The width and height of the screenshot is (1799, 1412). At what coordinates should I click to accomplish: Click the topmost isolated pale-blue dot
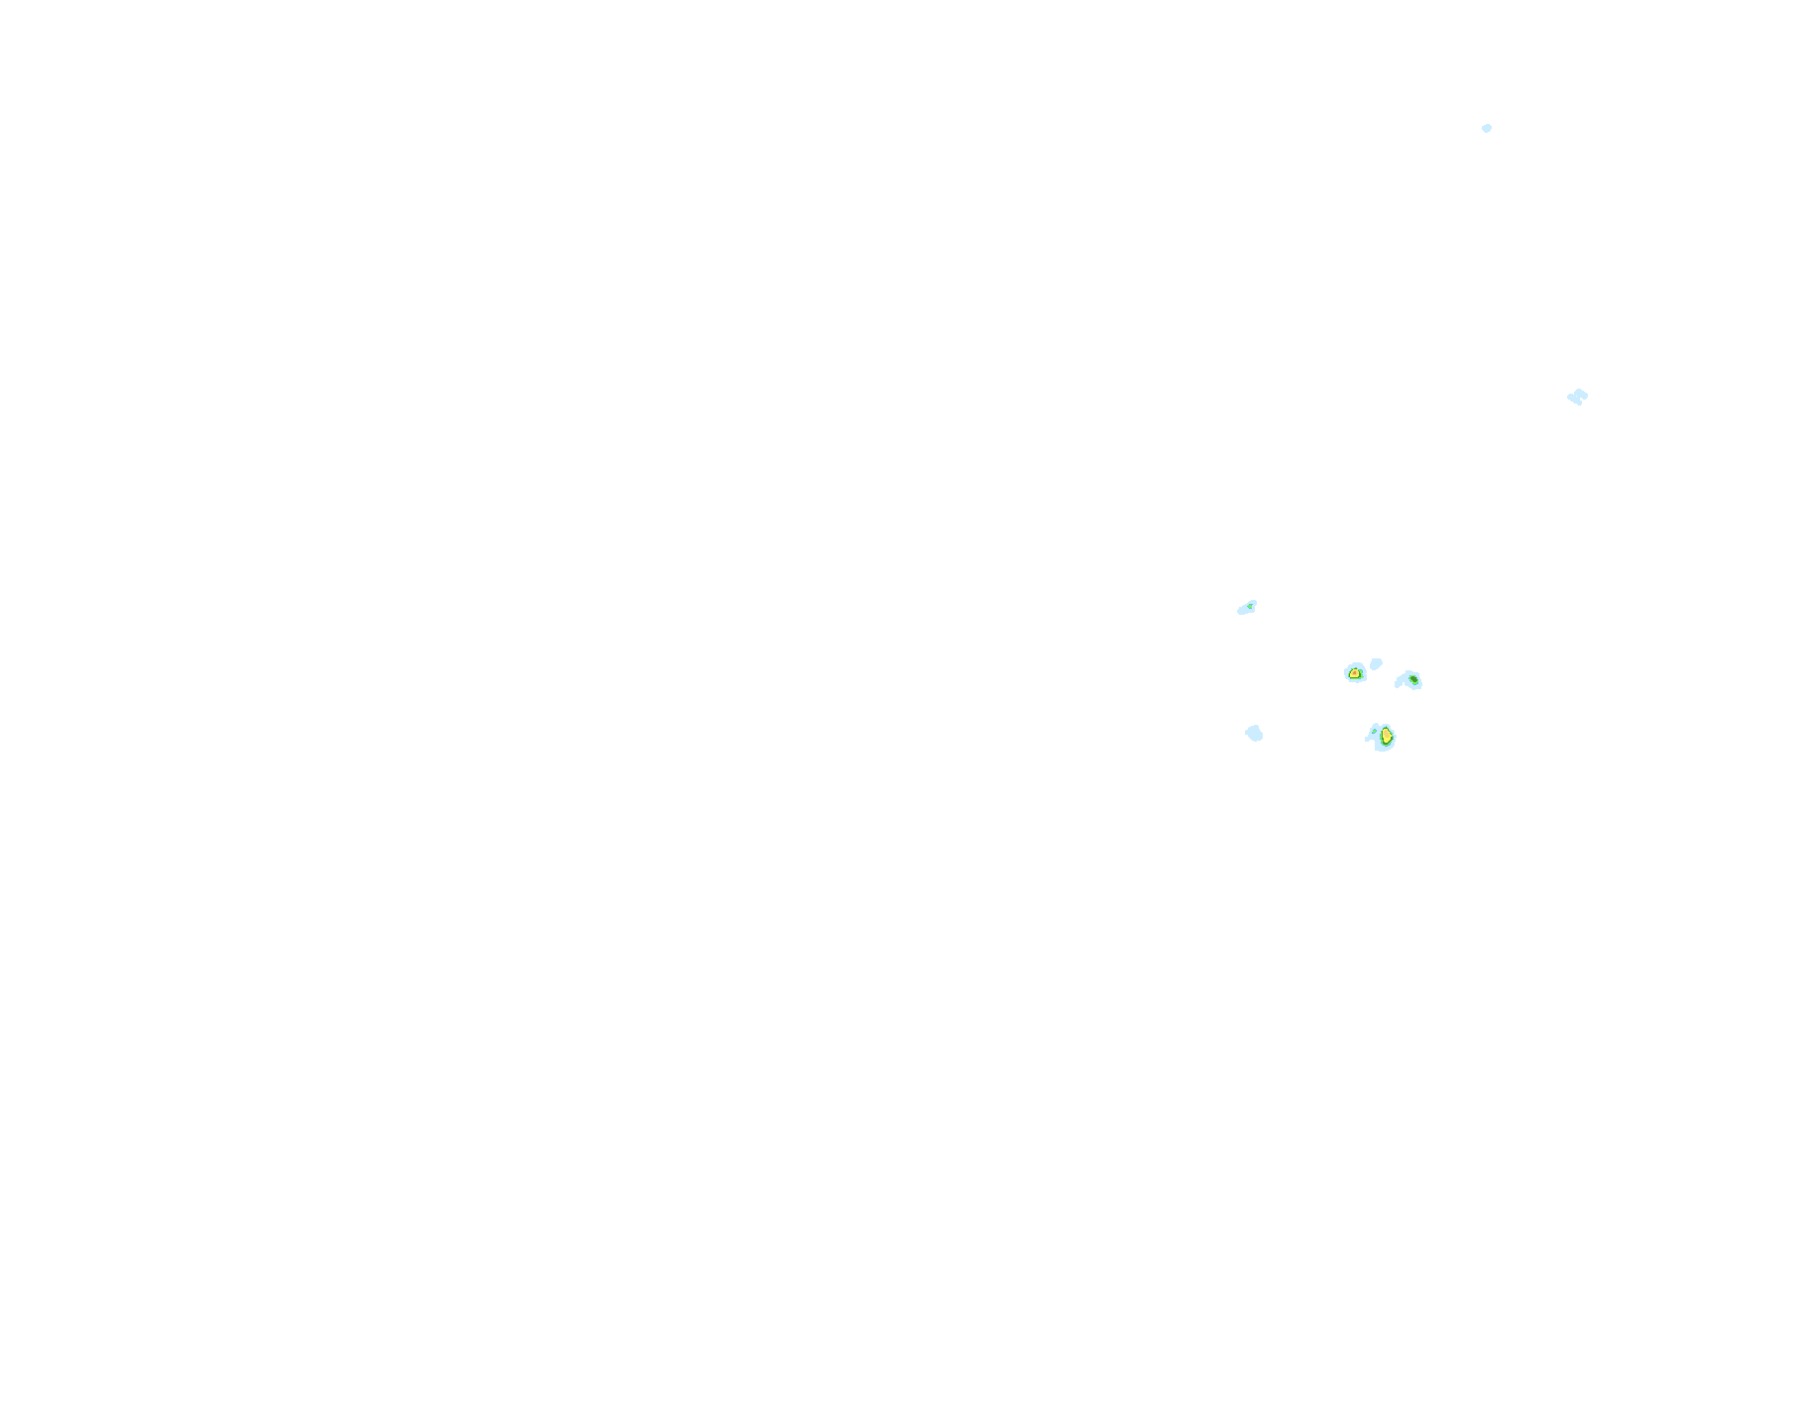point(1487,128)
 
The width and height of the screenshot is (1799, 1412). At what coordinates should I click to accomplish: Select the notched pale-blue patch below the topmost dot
point(1577,397)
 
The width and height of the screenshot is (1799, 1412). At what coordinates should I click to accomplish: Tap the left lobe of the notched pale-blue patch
point(1572,398)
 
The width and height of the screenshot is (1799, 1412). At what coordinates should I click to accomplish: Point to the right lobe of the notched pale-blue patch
point(1582,395)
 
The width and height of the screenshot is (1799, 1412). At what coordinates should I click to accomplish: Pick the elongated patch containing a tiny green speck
point(1247,608)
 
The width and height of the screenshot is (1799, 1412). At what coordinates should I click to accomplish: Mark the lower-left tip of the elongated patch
point(1241,611)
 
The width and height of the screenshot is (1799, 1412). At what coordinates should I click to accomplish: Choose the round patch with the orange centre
point(1355,672)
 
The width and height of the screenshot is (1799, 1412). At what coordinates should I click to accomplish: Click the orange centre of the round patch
point(1355,673)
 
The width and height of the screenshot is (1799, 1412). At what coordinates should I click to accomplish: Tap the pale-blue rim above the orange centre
point(1355,664)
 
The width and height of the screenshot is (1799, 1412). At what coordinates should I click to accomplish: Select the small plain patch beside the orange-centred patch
point(1376,662)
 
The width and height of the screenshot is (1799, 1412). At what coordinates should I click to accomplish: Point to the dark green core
point(1412,678)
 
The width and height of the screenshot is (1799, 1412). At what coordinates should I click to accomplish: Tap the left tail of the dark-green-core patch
point(1399,682)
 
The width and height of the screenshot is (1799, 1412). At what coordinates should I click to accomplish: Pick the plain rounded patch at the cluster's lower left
point(1254,733)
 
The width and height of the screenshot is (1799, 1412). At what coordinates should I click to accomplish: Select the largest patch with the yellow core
point(1382,737)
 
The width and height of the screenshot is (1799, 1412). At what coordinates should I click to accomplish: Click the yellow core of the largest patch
point(1387,736)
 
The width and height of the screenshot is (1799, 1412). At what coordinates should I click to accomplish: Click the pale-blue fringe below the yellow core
point(1384,748)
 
